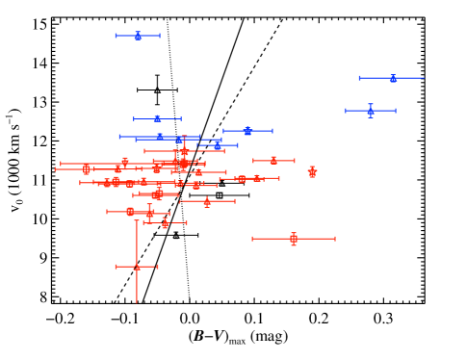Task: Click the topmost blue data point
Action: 138,36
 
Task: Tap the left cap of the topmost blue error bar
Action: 117,36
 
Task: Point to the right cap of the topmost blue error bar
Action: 160,36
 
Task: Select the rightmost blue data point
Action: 393,78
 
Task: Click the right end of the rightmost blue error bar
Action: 423,78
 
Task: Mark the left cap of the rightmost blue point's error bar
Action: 360,78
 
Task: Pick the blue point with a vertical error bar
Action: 370,112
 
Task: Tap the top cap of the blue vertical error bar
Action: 370,104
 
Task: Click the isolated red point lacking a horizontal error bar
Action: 312,172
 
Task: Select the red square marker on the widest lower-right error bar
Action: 294,239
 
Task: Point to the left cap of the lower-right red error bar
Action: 253,239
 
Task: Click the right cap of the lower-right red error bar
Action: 334,239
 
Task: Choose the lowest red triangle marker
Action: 137,267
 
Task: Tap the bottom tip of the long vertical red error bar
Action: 137,301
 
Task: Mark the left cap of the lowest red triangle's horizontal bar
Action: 117,267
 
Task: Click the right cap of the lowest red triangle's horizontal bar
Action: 158,267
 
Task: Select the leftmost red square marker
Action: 87,169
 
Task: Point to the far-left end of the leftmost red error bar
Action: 56,169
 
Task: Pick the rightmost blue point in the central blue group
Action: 247,131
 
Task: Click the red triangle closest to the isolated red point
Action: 273,161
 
